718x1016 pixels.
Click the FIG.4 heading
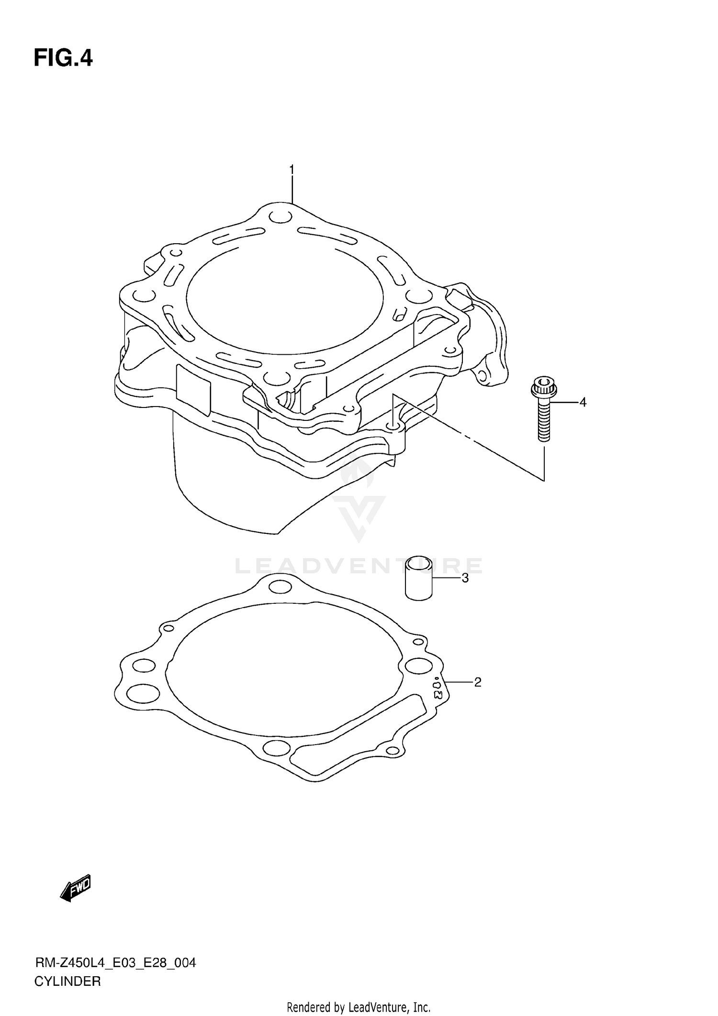[63, 58]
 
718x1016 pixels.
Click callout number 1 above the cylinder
[292, 170]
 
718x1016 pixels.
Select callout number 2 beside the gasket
[477, 682]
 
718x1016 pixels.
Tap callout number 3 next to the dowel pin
[465, 578]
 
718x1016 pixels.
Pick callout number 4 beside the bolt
[583, 403]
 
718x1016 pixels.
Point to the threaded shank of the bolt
[544, 420]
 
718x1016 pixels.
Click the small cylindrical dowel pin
[419, 578]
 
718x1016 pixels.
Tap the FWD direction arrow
[76, 890]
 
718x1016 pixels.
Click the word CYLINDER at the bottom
[67, 982]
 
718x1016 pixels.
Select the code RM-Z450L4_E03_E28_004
[115, 963]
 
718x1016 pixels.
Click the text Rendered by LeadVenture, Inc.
[359, 1007]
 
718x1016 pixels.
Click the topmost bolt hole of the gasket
[280, 587]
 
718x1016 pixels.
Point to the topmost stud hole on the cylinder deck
[280, 216]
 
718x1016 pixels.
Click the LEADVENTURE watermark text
[359, 566]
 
